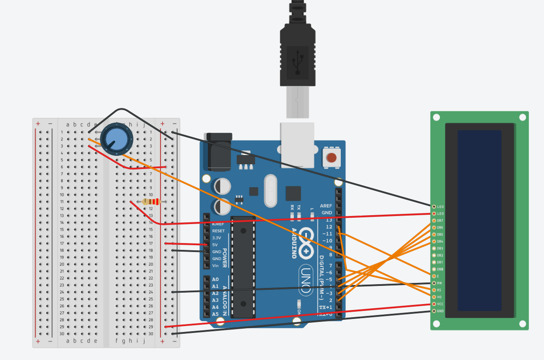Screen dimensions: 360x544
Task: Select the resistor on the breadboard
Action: (151, 202)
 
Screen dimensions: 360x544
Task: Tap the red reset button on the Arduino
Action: (331, 158)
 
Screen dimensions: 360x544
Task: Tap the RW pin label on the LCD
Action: (440, 283)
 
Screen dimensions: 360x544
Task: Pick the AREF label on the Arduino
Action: (326, 206)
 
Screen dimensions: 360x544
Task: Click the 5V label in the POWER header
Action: (215, 245)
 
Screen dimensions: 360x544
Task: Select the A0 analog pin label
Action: (215, 280)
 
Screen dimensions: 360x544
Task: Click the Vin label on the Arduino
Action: (215, 266)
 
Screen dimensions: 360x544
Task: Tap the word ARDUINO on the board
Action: (294, 243)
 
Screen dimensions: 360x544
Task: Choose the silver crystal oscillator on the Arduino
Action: (270, 191)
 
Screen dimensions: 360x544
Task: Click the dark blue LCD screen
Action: (479, 220)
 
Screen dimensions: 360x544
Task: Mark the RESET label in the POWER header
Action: (218, 231)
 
